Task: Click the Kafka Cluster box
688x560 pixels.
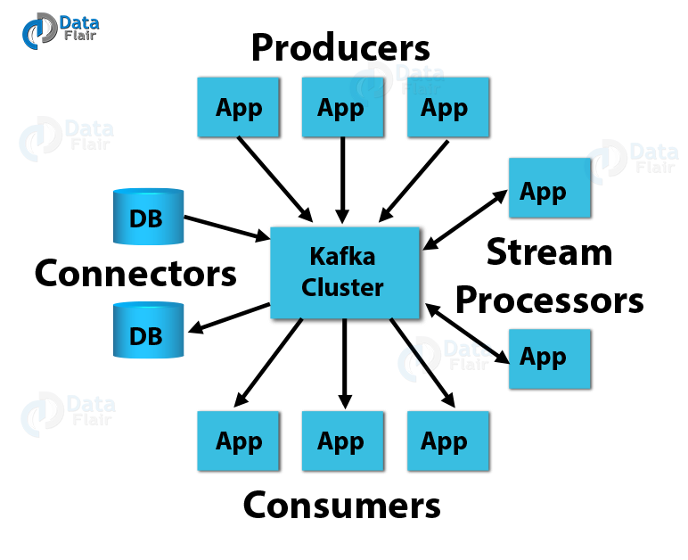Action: pyautogui.click(x=344, y=273)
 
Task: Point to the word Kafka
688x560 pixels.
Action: pyautogui.click(x=342, y=257)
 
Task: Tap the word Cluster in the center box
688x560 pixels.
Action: pyautogui.click(x=342, y=288)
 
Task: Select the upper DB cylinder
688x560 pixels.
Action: pyautogui.click(x=148, y=217)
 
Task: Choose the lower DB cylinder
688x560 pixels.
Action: pyautogui.click(x=148, y=331)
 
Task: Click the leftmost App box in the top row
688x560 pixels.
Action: pyautogui.click(x=237, y=107)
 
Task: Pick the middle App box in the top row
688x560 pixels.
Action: pyautogui.click(x=341, y=107)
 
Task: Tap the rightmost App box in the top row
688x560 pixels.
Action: pyautogui.click(x=447, y=107)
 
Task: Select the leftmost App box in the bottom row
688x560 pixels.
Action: pyautogui.click(x=237, y=441)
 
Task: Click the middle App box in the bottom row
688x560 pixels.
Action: pyautogui.click(x=341, y=441)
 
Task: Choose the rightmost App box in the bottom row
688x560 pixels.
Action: pyautogui.click(x=447, y=441)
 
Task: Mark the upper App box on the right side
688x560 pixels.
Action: pyautogui.click(x=548, y=188)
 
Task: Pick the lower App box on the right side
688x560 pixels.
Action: pyautogui.click(x=549, y=358)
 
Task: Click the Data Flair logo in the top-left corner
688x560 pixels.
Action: pyautogui.click(x=59, y=29)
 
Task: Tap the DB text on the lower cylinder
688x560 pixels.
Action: pyautogui.click(x=146, y=336)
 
